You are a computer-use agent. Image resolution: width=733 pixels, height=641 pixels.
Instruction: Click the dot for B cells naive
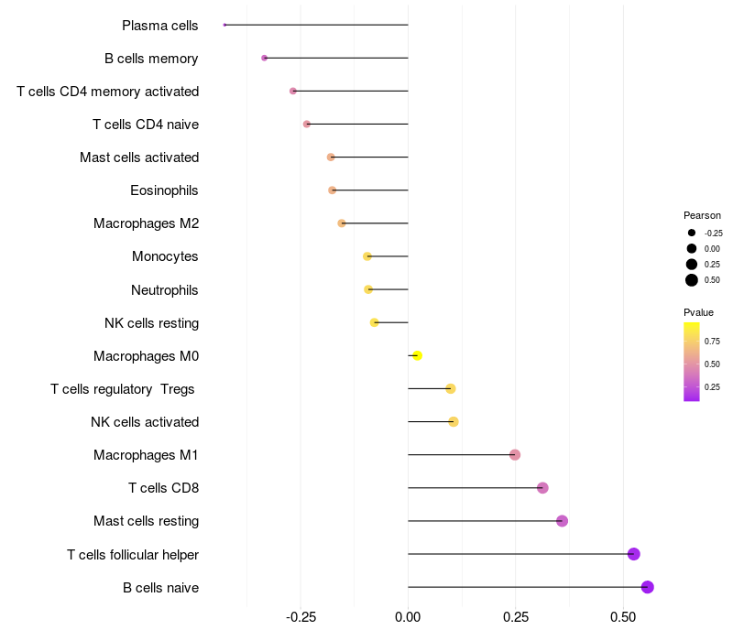pos(647,587)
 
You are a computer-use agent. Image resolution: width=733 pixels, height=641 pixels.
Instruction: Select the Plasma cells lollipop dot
pos(224,25)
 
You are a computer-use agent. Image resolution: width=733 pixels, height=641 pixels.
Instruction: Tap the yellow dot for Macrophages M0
pos(417,355)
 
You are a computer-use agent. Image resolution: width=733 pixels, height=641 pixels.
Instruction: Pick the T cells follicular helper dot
pos(633,554)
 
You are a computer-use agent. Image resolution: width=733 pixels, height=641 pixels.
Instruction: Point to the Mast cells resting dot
pos(562,521)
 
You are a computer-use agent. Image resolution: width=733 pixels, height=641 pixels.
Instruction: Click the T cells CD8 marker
pos(542,488)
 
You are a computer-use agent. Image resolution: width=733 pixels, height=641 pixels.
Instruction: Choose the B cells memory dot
pos(264,58)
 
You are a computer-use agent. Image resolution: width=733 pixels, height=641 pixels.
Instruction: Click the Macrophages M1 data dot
pos(515,455)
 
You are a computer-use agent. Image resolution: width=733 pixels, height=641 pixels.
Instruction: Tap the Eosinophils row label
pos(165,190)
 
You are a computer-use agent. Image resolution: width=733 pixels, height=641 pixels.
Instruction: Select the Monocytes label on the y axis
pos(165,256)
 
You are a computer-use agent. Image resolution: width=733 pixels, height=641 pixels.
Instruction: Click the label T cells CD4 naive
pos(146,125)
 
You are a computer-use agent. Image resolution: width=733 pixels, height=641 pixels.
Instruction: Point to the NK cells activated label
pos(145,422)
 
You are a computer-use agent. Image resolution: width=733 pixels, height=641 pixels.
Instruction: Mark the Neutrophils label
pos(165,290)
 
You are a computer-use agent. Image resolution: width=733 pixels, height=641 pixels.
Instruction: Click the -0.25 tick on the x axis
pos(301,617)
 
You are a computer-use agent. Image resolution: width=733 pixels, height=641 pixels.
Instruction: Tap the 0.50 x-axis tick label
pos(623,617)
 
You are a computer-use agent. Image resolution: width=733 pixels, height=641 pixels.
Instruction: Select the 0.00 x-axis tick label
pos(408,617)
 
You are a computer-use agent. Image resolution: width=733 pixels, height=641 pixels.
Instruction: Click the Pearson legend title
pos(702,215)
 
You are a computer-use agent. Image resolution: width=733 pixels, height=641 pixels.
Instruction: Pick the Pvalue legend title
pos(698,312)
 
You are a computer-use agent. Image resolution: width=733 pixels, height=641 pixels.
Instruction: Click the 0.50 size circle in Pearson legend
pos(692,280)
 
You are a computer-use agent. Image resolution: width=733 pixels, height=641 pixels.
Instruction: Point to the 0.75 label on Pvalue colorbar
pos(712,341)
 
